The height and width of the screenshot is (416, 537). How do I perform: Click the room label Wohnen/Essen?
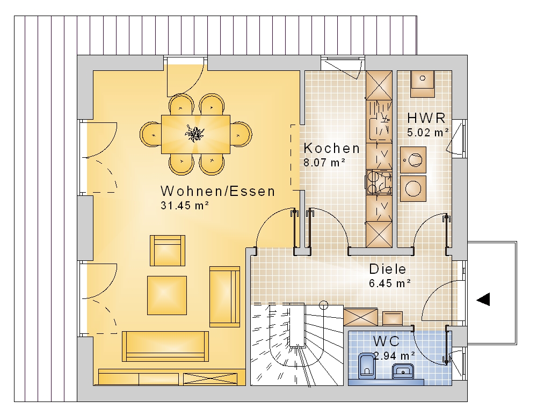(x=218, y=191)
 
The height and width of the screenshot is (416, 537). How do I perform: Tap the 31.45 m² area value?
(x=185, y=206)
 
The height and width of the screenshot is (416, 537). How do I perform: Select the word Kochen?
(x=331, y=148)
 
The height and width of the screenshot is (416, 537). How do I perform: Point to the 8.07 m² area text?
(x=324, y=162)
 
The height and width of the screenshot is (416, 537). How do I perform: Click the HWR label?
(x=426, y=118)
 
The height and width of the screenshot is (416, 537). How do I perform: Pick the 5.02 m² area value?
(x=428, y=132)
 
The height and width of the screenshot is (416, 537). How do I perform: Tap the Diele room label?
(x=387, y=269)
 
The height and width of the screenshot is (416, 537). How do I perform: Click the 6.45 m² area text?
(x=390, y=283)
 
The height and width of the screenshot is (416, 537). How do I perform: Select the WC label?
(x=386, y=341)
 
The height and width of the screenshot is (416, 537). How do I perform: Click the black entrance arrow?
(x=483, y=299)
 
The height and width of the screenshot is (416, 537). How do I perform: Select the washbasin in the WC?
(x=403, y=371)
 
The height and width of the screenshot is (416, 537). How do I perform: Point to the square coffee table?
(x=167, y=295)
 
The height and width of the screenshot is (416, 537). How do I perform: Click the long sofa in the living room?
(x=165, y=346)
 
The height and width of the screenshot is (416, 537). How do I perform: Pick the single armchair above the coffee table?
(x=168, y=251)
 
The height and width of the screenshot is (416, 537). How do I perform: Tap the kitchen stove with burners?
(x=379, y=182)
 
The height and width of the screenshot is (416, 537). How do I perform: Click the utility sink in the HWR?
(x=422, y=84)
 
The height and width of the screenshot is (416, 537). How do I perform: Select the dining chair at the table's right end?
(x=241, y=134)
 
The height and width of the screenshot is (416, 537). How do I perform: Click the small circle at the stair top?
(x=323, y=305)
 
